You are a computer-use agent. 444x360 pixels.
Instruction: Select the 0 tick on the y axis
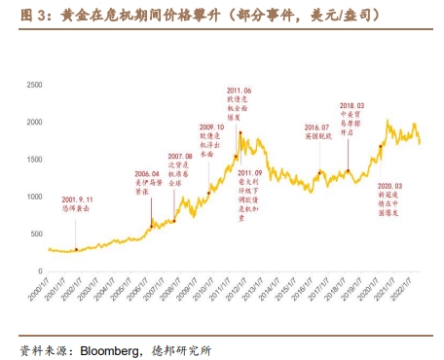click(x=38, y=271)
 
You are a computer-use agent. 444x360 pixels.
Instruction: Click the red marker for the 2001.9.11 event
click(x=76, y=249)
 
